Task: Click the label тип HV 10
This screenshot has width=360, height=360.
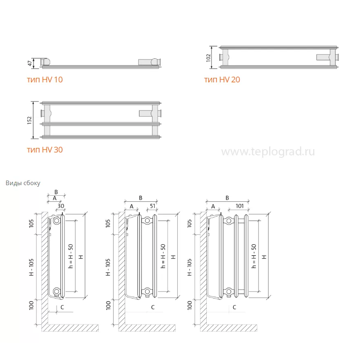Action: (x=45, y=80)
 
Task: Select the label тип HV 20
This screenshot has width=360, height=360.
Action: (x=222, y=80)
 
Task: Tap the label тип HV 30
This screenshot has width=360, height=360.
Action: (x=45, y=150)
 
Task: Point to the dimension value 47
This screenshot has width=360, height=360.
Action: (x=30, y=63)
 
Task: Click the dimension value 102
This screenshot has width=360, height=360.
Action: (x=208, y=57)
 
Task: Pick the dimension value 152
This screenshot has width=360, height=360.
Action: (x=29, y=120)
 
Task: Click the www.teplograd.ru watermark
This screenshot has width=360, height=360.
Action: (x=268, y=152)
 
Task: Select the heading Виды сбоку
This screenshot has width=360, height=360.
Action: (x=23, y=183)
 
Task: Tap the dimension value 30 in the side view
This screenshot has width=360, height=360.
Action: (x=61, y=206)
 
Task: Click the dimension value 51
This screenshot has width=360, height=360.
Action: (x=152, y=206)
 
